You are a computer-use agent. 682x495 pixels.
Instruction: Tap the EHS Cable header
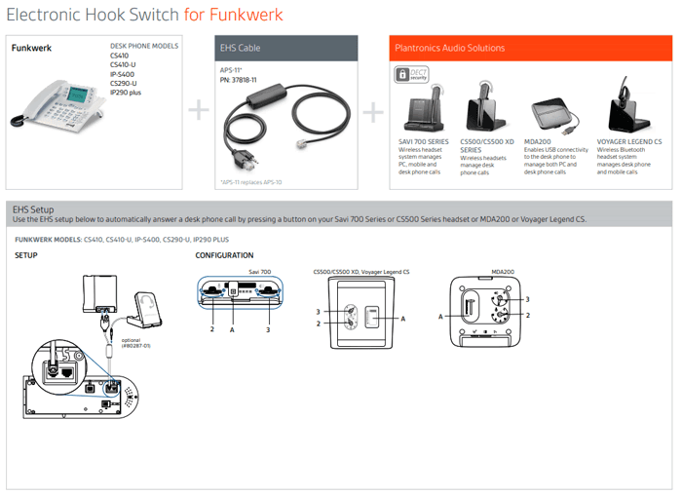pos(242,48)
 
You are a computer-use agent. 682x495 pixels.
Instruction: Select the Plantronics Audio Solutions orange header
pos(450,48)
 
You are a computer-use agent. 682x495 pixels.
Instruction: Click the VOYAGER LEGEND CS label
pos(629,140)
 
